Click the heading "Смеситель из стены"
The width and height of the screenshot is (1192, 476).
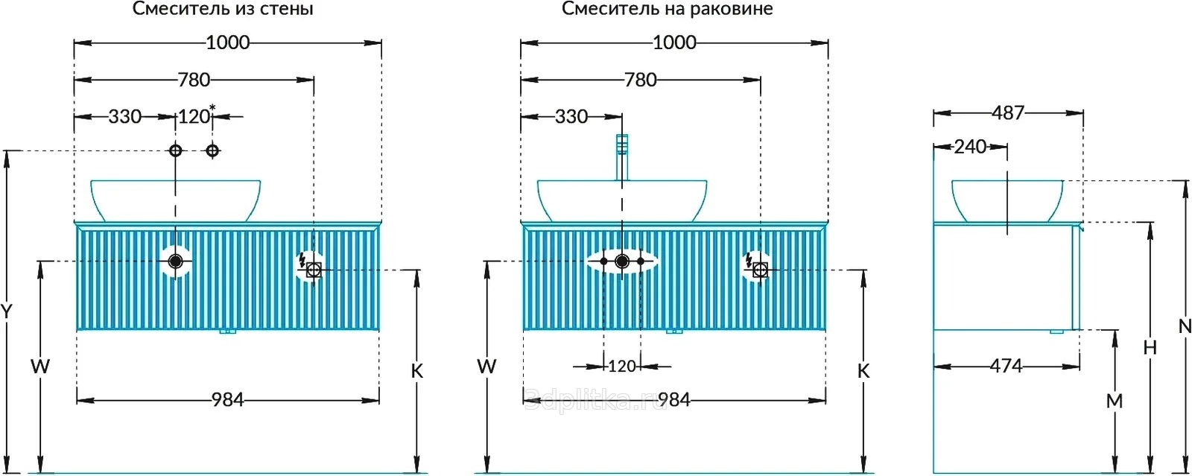[x=223, y=9]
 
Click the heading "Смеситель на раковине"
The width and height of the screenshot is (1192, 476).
[x=668, y=9]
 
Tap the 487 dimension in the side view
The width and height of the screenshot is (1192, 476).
[x=1008, y=112]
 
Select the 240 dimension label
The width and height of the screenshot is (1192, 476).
[x=971, y=147]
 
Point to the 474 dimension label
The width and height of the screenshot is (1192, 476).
[x=1006, y=366]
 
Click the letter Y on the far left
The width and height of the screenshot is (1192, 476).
[x=7, y=311]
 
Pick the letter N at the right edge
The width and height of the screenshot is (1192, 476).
[x=1185, y=326]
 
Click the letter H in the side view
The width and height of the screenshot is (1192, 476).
[x=1150, y=348]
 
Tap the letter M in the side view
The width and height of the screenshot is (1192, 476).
[x=1115, y=401]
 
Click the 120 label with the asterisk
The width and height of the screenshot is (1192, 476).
[x=196, y=115]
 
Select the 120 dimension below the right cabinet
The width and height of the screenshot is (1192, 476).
[x=622, y=366]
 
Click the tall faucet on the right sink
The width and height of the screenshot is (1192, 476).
[x=622, y=157]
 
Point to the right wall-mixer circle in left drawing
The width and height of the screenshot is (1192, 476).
[x=213, y=151]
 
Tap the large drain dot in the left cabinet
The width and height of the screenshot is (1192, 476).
[x=176, y=261]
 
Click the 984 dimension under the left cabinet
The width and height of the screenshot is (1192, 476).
[x=228, y=400]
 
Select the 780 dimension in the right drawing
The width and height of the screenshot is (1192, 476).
[x=640, y=80]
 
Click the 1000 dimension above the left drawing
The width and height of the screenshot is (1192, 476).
[x=228, y=42]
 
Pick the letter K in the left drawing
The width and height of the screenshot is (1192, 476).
[x=417, y=371]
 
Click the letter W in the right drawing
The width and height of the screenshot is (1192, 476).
[x=486, y=366]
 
